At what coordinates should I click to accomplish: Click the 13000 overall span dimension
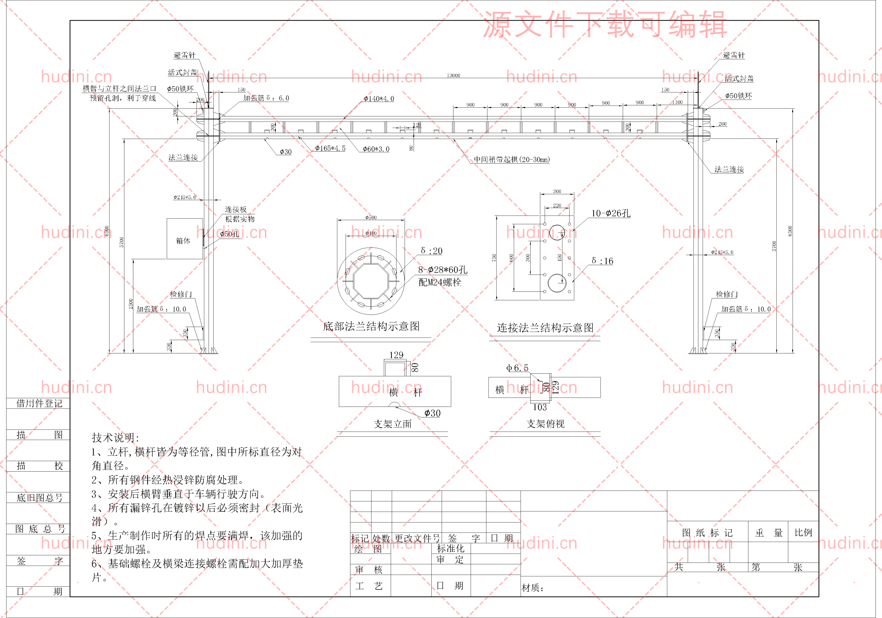[453, 75]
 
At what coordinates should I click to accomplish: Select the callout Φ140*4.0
[379, 99]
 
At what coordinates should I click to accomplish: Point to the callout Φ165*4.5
[330, 148]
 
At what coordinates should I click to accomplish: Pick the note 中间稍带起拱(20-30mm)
[511, 159]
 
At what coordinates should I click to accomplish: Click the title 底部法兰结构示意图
[371, 327]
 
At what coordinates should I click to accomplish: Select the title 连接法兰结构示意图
[545, 328]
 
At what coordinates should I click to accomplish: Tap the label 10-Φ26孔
[611, 213]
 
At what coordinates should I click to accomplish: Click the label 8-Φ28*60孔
[442, 270]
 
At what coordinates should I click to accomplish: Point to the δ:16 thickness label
[602, 261]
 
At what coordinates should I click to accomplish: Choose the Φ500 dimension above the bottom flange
[371, 217]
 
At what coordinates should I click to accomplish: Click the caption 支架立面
[393, 424]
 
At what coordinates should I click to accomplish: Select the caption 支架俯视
[545, 424]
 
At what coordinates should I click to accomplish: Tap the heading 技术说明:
[115, 437]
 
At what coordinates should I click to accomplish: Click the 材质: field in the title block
[532, 588]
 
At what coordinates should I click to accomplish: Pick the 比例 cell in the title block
[803, 533]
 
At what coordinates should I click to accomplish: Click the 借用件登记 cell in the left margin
[39, 403]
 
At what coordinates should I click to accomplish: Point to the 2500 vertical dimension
[131, 304]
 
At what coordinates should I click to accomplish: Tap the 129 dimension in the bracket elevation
[396, 355]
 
